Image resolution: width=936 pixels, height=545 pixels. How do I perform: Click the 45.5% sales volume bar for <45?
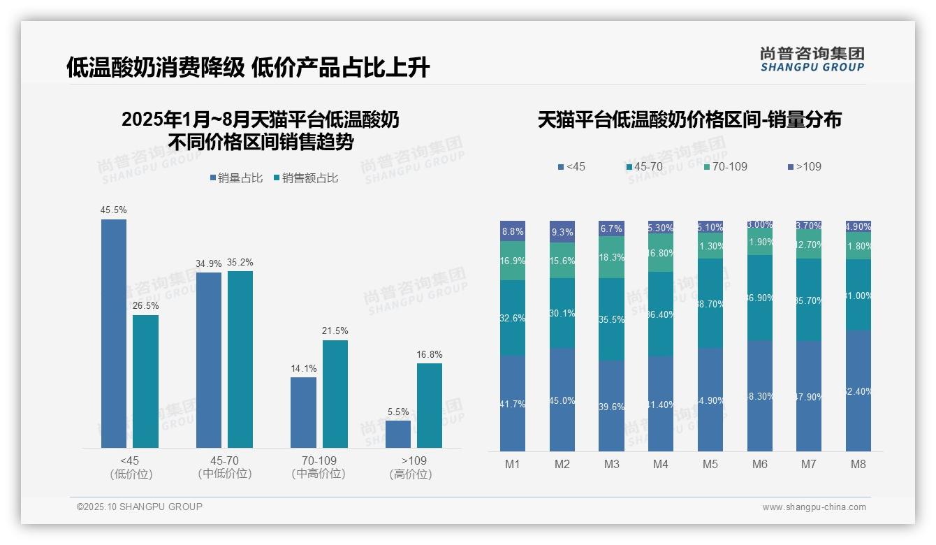pos(114,333)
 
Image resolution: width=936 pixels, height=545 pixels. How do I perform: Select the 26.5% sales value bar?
pos(145,381)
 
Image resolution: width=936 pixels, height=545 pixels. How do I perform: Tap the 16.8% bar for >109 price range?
pos(429,405)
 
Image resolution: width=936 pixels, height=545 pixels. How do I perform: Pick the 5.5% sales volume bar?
pos(398,434)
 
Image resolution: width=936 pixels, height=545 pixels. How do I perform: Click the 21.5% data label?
pos(335,330)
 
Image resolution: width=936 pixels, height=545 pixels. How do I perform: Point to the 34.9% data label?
pos(208,263)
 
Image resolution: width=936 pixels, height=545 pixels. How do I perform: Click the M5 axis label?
pos(710,464)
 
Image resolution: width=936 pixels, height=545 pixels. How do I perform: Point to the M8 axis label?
pos(858,464)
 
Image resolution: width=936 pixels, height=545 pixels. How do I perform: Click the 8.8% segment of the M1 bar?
pos(513,231)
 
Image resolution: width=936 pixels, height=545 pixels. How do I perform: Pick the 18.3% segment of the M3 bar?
pos(612,257)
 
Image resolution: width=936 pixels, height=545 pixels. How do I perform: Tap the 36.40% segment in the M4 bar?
pos(661,314)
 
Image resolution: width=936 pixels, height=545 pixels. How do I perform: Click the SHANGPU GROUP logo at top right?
pos(812,59)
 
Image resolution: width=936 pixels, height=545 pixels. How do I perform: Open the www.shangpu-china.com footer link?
pos(814,507)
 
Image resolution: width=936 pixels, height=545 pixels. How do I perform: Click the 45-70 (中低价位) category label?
pos(224,467)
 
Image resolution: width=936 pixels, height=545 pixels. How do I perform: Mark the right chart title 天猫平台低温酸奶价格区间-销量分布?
pos(689,119)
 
